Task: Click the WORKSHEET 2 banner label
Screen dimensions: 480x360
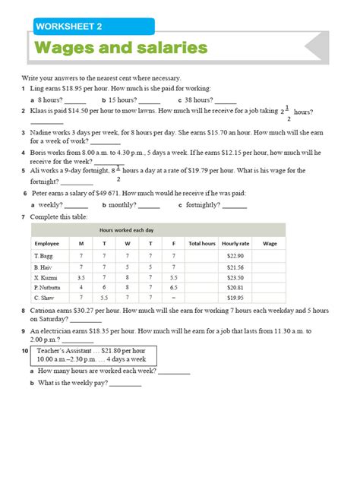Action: pyautogui.click(x=68, y=27)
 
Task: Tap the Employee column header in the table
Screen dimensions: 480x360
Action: pyautogui.click(x=46, y=243)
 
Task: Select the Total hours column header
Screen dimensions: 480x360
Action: pyautogui.click(x=202, y=243)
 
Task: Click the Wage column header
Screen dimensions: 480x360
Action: pyautogui.click(x=269, y=243)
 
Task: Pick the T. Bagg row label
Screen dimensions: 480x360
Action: pyautogui.click(x=43, y=257)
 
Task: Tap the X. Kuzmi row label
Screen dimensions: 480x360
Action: pyautogui.click(x=46, y=278)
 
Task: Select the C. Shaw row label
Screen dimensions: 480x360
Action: pyautogui.click(x=43, y=298)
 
